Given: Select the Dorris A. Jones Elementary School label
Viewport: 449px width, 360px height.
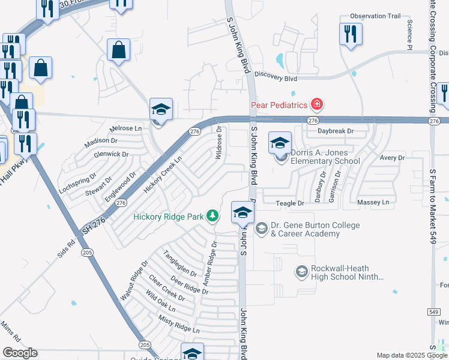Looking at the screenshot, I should pyautogui.click(x=325, y=157).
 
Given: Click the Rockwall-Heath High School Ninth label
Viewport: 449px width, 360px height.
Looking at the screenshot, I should pyautogui.click(x=339, y=273).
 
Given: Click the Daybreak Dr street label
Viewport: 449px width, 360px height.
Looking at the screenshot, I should pyautogui.click(x=336, y=131).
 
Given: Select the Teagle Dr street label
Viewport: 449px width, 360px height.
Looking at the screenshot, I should pyautogui.click(x=290, y=204).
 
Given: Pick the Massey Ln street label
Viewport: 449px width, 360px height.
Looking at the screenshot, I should pyautogui.click(x=373, y=203).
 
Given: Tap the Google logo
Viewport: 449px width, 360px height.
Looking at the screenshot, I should pyautogui.click(x=20, y=353).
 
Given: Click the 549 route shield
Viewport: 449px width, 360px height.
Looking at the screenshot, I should pyautogui.click(x=434, y=312).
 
